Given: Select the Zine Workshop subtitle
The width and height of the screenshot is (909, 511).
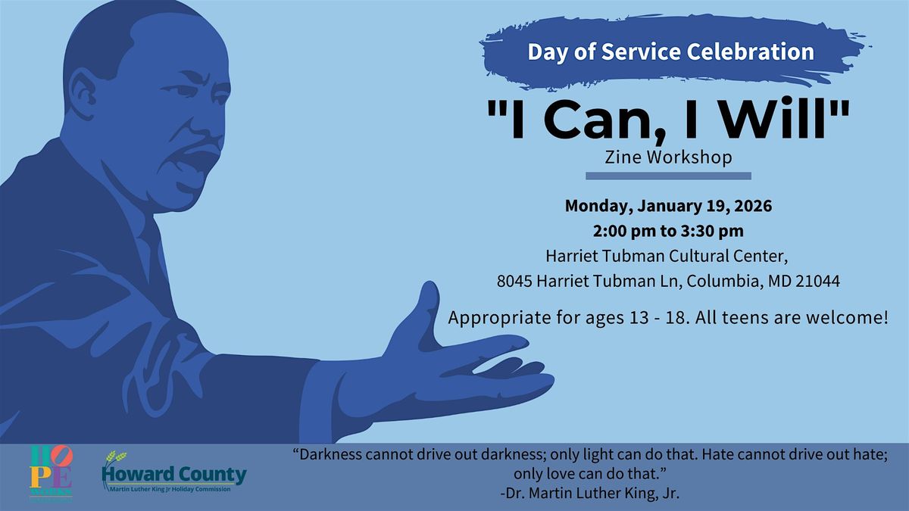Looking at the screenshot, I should tap(669, 157).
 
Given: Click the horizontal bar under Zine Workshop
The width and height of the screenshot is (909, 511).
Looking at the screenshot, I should tap(669, 176).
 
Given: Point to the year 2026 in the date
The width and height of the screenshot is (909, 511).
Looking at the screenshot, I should tap(751, 206).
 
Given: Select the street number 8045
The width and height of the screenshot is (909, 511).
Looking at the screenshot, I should tap(515, 281).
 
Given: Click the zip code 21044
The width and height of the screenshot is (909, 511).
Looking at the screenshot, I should tap(817, 281).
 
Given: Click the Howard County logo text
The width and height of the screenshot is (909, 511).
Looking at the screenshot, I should tap(173, 475).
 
